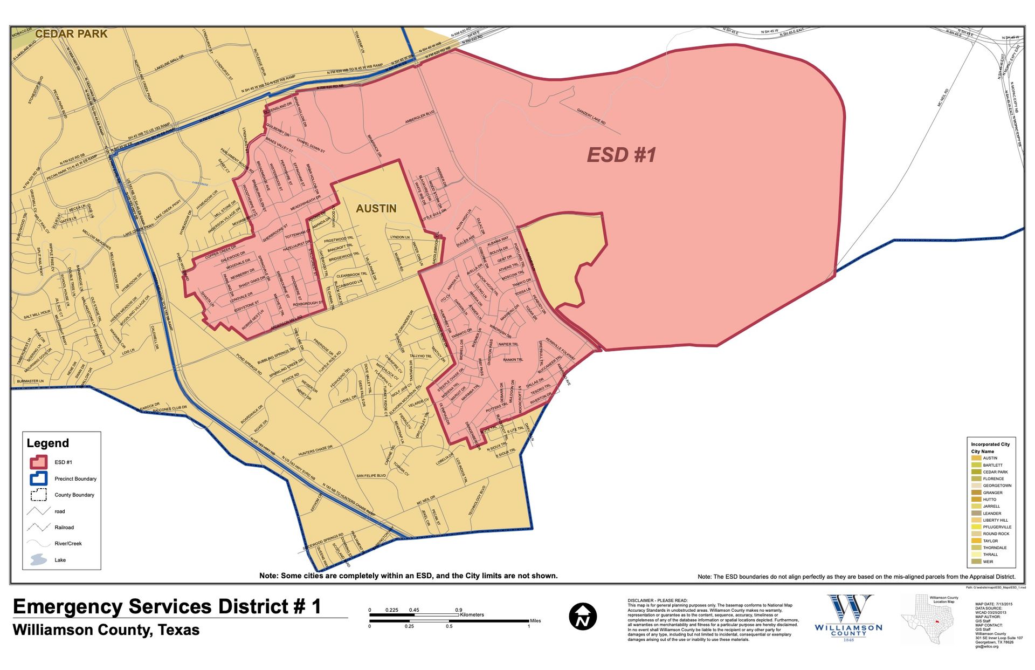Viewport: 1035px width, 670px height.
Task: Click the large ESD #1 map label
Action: point(621,155)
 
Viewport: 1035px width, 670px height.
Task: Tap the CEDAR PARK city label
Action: point(71,33)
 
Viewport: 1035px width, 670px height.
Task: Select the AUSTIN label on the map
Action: point(376,208)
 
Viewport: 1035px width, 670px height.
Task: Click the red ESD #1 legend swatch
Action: point(39,462)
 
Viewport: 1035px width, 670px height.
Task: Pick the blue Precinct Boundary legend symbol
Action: point(39,478)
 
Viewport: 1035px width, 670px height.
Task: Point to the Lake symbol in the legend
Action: point(39,560)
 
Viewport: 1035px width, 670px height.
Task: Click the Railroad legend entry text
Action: point(64,528)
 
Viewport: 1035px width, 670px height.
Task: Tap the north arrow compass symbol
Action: point(583,616)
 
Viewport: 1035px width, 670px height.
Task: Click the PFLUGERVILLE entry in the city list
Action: point(997,527)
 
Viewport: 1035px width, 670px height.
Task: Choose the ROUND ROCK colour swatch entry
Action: point(976,534)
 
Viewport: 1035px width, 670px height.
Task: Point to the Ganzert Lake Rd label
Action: point(591,117)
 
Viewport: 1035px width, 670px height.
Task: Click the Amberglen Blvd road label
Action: point(420,118)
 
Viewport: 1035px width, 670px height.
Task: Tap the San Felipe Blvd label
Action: point(371,476)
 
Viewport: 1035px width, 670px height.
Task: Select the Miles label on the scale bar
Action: point(535,621)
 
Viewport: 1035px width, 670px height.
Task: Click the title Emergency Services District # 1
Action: point(167,607)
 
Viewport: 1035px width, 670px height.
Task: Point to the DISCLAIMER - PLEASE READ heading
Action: point(657,600)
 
